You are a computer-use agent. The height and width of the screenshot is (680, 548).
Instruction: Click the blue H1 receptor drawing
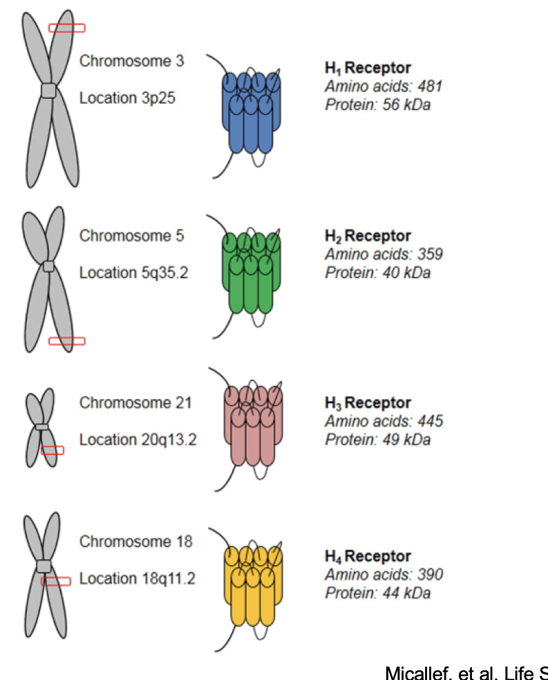[x=252, y=111]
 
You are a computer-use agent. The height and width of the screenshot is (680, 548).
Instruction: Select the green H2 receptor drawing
[x=252, y=273]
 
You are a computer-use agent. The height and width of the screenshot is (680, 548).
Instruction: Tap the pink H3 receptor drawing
[x=253, y=425]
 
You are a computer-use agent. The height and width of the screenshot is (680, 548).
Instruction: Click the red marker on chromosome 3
[x=66, y=28]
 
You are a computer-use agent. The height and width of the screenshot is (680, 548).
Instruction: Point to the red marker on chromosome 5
[x=66, y=340]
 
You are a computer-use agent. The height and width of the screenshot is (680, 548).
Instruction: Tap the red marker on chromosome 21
[x=53, y=450]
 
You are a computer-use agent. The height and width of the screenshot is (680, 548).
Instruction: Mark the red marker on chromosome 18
[x=56, y=581]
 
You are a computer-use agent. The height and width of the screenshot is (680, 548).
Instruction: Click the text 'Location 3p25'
[x=127, y=98]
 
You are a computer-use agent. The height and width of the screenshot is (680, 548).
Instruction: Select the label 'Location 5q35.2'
[x=133, y=273]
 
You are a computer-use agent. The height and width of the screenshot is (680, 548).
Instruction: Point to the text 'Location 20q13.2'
[x=138, y=439]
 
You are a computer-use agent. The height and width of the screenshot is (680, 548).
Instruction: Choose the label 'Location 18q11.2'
[x=137, y=578]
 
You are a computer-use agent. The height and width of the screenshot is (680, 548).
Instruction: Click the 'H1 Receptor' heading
[x=368, y=68]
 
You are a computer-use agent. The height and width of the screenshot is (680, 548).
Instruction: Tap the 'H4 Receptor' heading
[x=368, y=556]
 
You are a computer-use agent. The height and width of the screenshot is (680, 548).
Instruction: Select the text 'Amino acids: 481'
[x=384, y=86]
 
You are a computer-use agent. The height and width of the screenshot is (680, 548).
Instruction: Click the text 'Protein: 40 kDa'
[x=377, y=273]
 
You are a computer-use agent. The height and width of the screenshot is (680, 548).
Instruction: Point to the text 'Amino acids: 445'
[x=384, y=421]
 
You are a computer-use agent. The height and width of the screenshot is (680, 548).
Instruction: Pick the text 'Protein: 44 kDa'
[x=377, y=592]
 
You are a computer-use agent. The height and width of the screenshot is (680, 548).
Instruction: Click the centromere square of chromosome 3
[x=48, y=91]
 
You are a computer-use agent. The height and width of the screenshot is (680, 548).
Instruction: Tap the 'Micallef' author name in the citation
[x=410, y=671]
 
